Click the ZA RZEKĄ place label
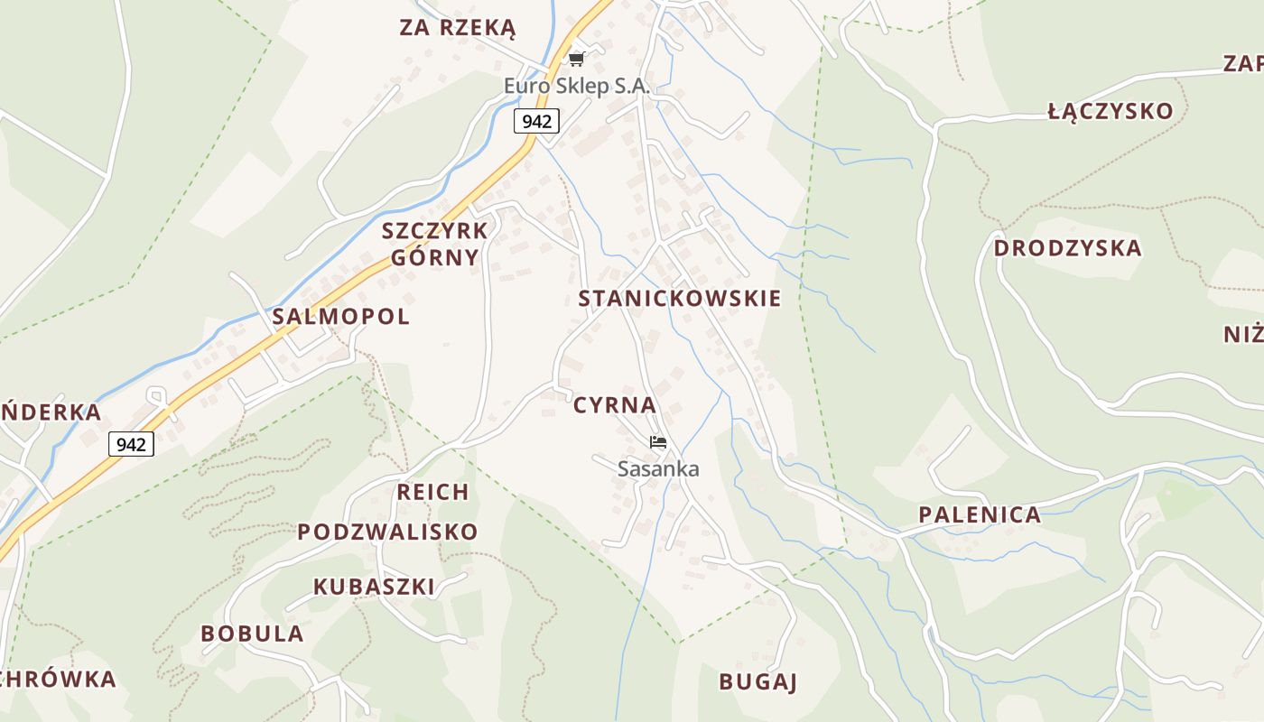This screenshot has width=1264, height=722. (457, 28)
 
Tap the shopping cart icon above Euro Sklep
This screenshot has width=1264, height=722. (577, 60)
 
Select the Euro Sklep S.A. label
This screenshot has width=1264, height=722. (576, 87)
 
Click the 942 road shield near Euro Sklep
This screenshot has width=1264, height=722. (536, 121)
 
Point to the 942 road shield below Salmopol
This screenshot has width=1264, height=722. (131, 444)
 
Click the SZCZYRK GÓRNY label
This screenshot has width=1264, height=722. (435, 244)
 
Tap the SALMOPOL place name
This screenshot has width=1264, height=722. (340, 317)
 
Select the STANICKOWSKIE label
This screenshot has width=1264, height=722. (679, 299)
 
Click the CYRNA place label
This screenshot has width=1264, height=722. (615, 405)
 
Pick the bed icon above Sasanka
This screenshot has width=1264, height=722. (658, 442)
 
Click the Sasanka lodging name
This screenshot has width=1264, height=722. (658, 469)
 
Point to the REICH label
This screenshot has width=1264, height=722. (432, 492)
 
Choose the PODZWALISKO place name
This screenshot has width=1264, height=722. (387, 532)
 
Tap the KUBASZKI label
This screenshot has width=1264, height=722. (374, 587)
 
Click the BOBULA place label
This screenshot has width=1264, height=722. (252, 634)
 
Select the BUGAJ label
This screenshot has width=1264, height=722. (758, 682)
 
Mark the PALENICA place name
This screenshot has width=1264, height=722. (980, 515)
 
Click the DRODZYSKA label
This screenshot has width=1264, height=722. (1067, 248)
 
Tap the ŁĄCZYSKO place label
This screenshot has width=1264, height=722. (1111, 112)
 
